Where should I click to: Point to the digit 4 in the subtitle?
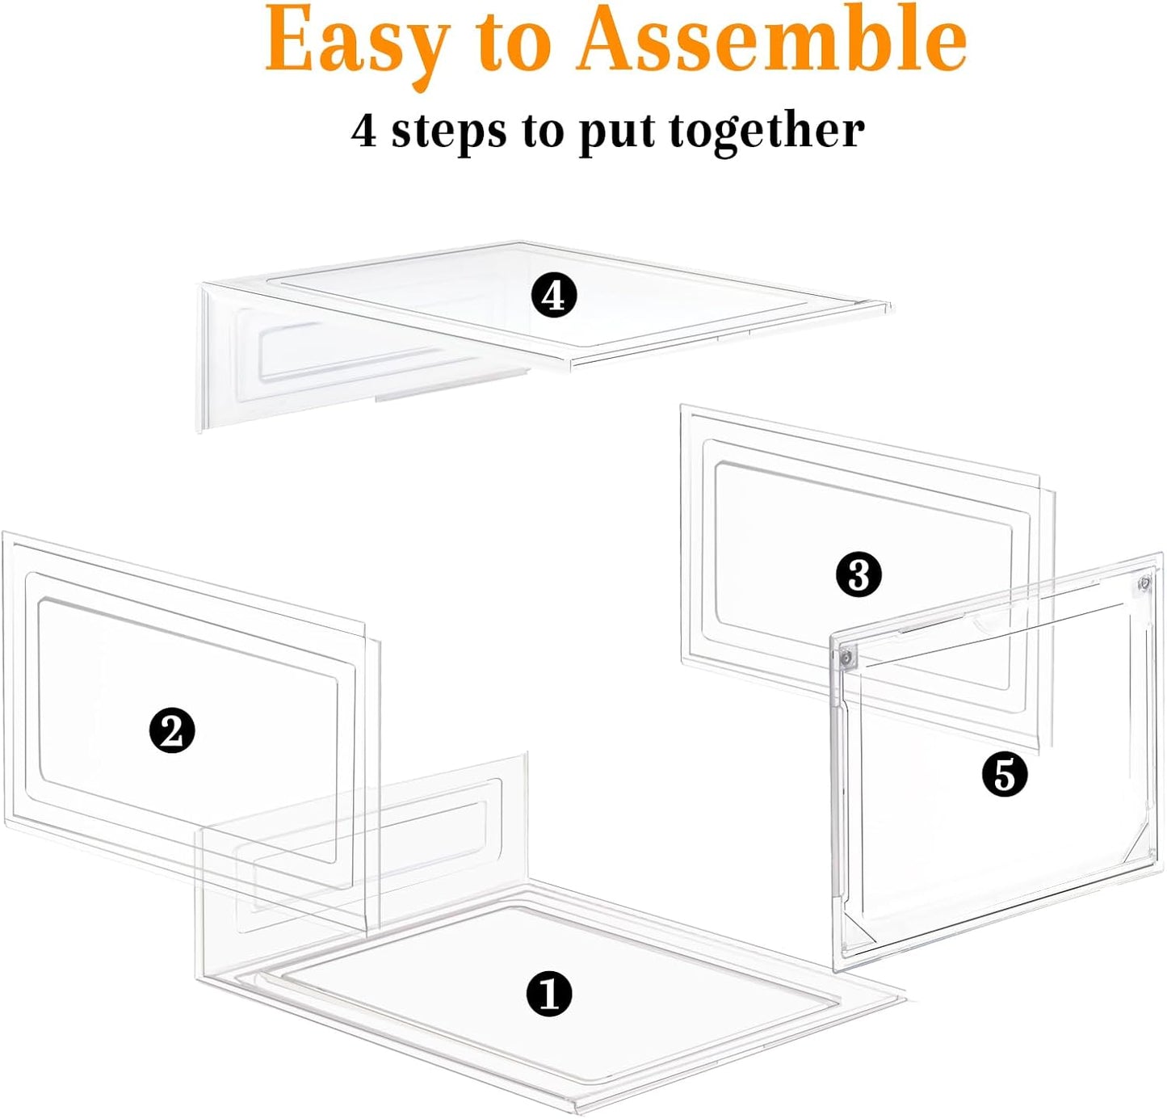363,131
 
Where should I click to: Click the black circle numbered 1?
549,994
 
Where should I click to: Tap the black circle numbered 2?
172,731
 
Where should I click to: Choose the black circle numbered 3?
858,575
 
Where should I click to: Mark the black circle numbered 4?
554,296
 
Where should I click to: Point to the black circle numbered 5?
1004,776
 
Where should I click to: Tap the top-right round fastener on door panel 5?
1144,583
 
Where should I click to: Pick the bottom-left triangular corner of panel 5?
856,937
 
